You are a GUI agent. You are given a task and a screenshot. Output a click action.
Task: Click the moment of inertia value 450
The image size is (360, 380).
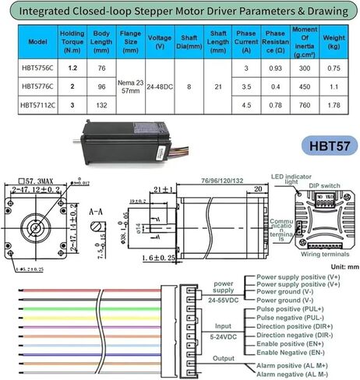302,86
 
